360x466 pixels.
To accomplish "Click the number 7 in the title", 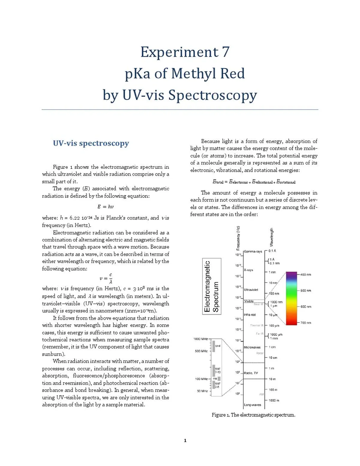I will coord(226,52).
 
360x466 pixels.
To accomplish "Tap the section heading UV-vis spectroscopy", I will coord(91,143).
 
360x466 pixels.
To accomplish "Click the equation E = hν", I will coord(105,207).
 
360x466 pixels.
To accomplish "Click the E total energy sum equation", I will coord(254,182).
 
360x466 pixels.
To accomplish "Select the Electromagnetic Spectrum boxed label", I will coord(211,286).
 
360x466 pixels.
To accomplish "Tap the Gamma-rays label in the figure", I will coord(253,251).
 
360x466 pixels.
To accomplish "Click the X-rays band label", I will coord(248,270).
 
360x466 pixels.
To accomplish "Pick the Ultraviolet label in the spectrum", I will coord(251,290).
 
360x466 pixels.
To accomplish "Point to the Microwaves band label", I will coord(252,347).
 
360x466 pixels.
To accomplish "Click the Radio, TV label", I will coord(251,373).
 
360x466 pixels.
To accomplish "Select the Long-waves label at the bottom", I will coord(252,405).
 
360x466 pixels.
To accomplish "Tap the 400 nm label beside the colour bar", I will coord(305,274).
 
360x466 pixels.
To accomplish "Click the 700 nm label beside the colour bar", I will coord(305,323).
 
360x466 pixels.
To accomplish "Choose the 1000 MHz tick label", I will coord(200,339).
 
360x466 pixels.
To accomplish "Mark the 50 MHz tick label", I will coord(202,391).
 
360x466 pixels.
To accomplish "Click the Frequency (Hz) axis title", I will coord(238,238).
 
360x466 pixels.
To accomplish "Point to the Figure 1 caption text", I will coord(253,415).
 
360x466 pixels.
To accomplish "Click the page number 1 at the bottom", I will coord(185,440).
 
